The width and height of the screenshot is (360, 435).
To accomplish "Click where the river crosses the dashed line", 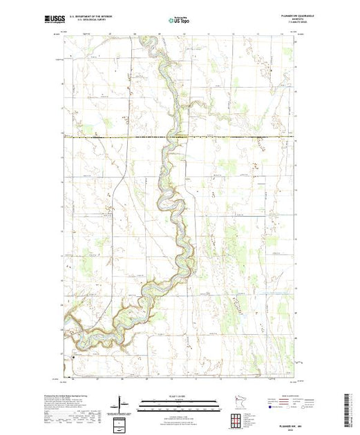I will pos(171,137).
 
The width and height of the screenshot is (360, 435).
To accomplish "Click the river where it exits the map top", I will pos(144,38).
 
